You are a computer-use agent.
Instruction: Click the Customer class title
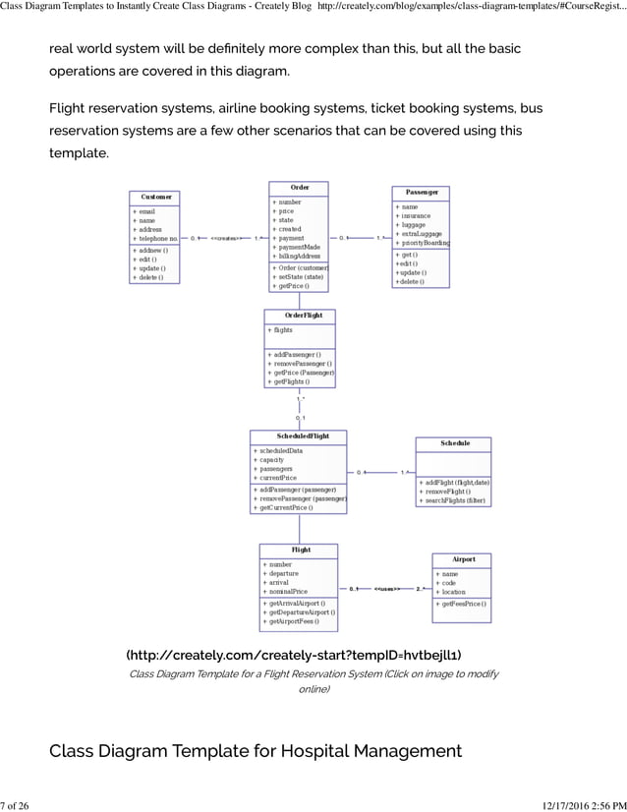[x=156, y=197]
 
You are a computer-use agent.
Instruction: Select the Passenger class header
[x=421, y=192]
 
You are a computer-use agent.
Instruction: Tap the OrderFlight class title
[x=299, y=316]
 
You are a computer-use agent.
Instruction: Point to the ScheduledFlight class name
[x=299, y=435]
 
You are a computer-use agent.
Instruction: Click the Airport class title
[x=463, y=558]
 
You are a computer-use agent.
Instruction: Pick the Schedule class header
[x=454, y=443]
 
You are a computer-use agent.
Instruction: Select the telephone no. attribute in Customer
[x=156, y=239]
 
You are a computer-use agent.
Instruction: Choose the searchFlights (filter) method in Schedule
[x=454, y=501]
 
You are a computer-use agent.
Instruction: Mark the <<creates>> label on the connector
[x=227, y=238]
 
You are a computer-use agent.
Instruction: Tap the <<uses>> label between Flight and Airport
[x=386, y=590]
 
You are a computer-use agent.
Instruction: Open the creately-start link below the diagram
[x=293, y=655]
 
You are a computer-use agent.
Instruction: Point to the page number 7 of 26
[x=15, y=804]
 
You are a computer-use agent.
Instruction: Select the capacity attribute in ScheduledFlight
[x=272, y=460]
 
